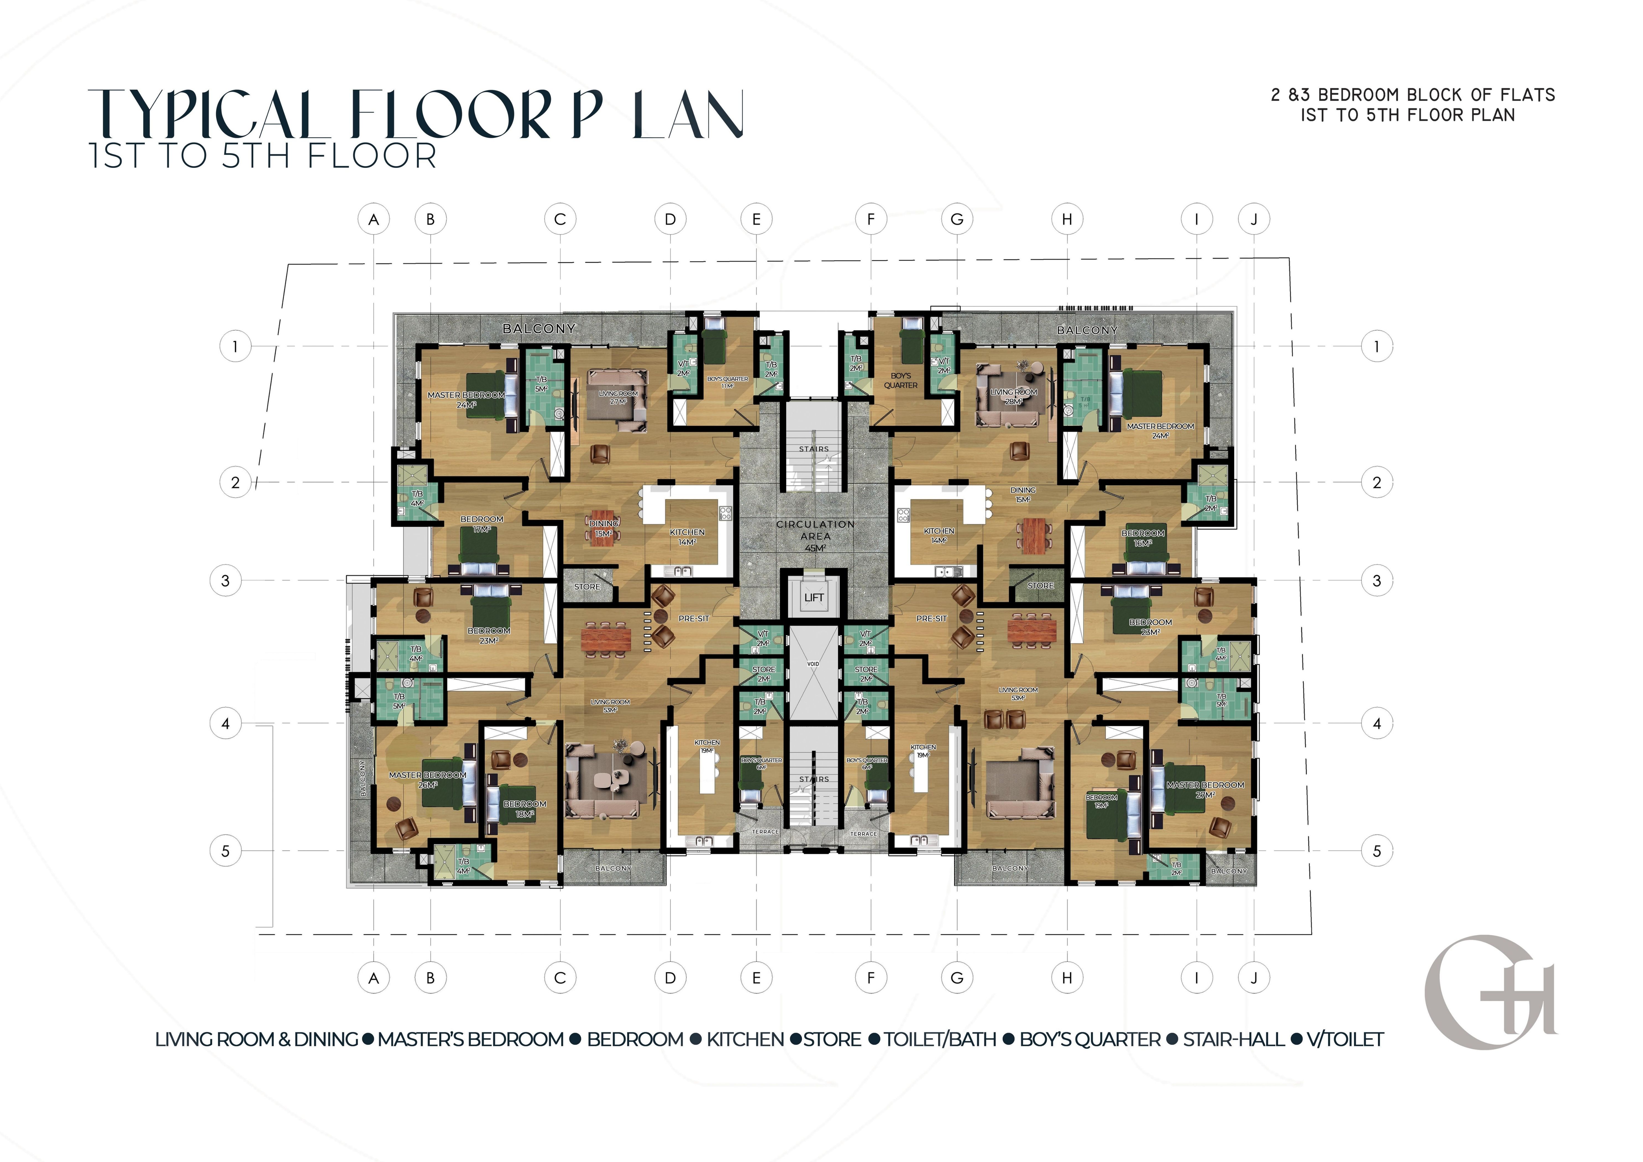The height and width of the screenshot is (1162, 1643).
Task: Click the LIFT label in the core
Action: [x=814, y=598]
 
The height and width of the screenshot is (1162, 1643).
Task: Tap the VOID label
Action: [x=813, y=664]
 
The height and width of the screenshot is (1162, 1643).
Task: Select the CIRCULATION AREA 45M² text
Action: [x=815, y=535]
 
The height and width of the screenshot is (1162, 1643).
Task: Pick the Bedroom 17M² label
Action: [x=482, y=524]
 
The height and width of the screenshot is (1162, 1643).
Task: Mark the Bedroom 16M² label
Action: [x=1143, y=538]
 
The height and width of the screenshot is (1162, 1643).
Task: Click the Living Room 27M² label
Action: [x=618, y=397]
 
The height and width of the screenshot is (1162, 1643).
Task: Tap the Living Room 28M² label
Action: [x=1013, y=396]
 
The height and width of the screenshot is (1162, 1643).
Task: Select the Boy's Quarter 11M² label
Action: [x=727, y=382]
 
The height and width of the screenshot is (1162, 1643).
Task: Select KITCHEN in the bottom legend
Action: [x=745, y=1040]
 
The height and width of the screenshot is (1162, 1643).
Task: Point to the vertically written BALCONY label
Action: [x=363, y=778]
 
